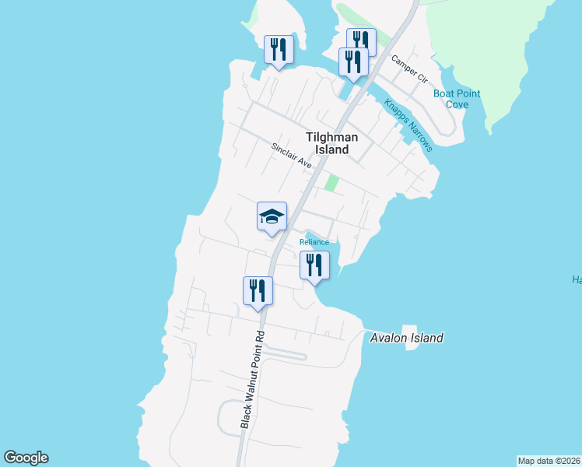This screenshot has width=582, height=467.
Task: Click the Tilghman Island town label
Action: point(332,143)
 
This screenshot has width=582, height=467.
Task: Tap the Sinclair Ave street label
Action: point(291,156)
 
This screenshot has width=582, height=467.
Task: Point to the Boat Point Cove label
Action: point(457,99)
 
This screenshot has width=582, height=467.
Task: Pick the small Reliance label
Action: point(315,242)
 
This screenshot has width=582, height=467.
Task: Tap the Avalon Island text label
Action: point(406,338)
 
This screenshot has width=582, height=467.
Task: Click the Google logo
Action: point(26,458)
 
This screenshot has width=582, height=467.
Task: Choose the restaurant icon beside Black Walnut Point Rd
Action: point(258,291)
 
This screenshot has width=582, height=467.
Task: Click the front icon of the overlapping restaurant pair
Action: point(353,61)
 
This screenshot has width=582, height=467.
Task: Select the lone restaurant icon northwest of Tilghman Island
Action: point(278,50)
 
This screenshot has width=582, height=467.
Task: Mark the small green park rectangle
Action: point(332,184)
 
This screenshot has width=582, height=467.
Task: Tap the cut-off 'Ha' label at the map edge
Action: point(577,280)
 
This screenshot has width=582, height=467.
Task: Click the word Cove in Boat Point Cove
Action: point(457,104)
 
